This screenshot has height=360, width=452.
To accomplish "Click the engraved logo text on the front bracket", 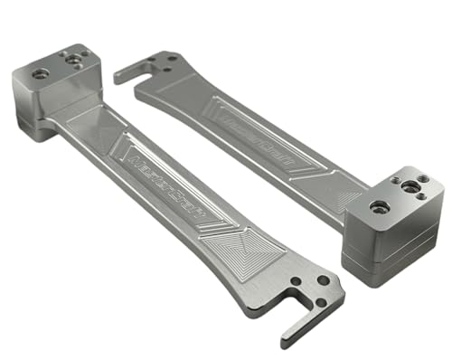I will click(x=168, y=181).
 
